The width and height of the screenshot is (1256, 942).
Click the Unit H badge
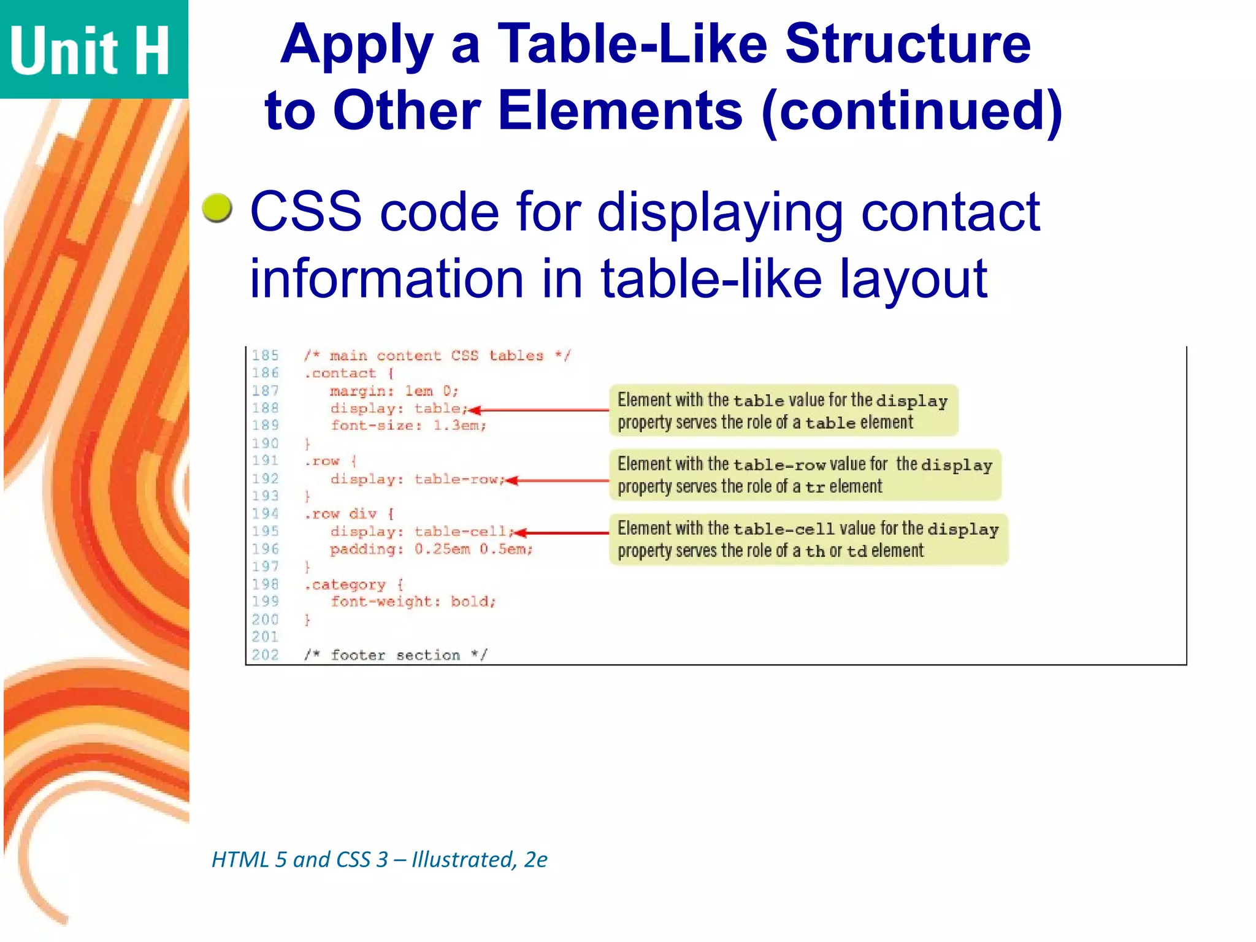point(92,49)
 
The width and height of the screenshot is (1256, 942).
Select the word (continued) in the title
point(912,111)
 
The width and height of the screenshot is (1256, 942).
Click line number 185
point(265,356)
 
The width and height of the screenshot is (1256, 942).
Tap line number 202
point(265,655)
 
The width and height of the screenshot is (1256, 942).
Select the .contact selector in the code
point(341,373)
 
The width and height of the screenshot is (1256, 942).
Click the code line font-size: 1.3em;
point(408,426)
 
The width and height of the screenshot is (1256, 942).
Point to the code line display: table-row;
point(417,479)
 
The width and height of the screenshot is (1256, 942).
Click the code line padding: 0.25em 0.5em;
point(431,549)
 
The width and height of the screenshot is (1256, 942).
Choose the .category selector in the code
point(346,585)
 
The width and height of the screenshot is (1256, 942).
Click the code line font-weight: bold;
point(413,602)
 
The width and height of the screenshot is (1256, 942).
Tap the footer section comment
point(396,655)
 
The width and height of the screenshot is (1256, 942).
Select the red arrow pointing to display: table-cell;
point(561,533)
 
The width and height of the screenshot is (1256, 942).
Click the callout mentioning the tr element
point(805,475)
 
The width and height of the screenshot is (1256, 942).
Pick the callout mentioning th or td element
point(808,540)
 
